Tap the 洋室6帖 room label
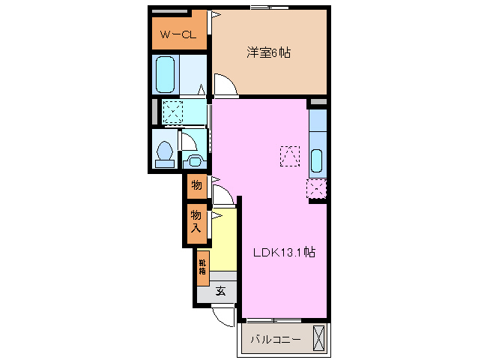[x=270, y=52]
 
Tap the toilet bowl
[x=164, y=153]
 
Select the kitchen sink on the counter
[x=316, y=160]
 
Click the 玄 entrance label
[x=221, y=291]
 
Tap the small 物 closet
[x=196, y=184]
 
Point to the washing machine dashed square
[x=173, y=112]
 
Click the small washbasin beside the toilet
[x=193, y=159]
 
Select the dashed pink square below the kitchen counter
[x=316, y=190]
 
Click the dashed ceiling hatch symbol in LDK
[x=289, y=155]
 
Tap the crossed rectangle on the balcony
[x=320, y=338]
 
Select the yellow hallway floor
[x=224, y=240]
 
